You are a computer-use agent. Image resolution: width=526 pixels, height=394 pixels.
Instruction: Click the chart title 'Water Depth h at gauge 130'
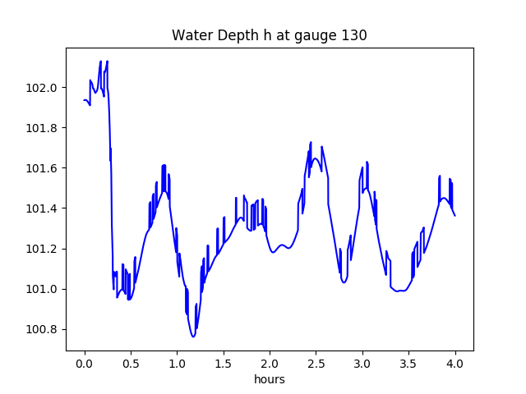point(269,36)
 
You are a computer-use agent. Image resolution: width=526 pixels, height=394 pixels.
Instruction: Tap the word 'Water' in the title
point(190,36)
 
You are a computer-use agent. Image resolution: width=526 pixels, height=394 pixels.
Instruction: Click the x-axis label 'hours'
point(269,380)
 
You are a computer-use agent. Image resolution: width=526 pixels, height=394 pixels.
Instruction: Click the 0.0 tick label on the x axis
point(84,364)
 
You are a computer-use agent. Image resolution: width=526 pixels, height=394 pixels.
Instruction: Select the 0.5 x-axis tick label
point(131,364)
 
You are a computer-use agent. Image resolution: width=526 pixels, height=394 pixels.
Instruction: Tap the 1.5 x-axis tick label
point(224,364)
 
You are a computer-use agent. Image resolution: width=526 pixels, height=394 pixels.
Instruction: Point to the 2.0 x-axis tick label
point(270,364)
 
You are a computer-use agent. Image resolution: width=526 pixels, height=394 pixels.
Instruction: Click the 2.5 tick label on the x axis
point(316,364)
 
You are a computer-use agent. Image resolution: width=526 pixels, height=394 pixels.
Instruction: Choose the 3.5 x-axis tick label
point(408,364)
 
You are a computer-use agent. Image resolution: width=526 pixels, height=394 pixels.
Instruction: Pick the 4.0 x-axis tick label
point(454,364)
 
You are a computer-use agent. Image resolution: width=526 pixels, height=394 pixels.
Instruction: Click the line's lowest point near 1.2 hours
point(193,337)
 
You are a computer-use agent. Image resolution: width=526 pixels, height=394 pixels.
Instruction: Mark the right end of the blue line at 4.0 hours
point(454,215)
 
